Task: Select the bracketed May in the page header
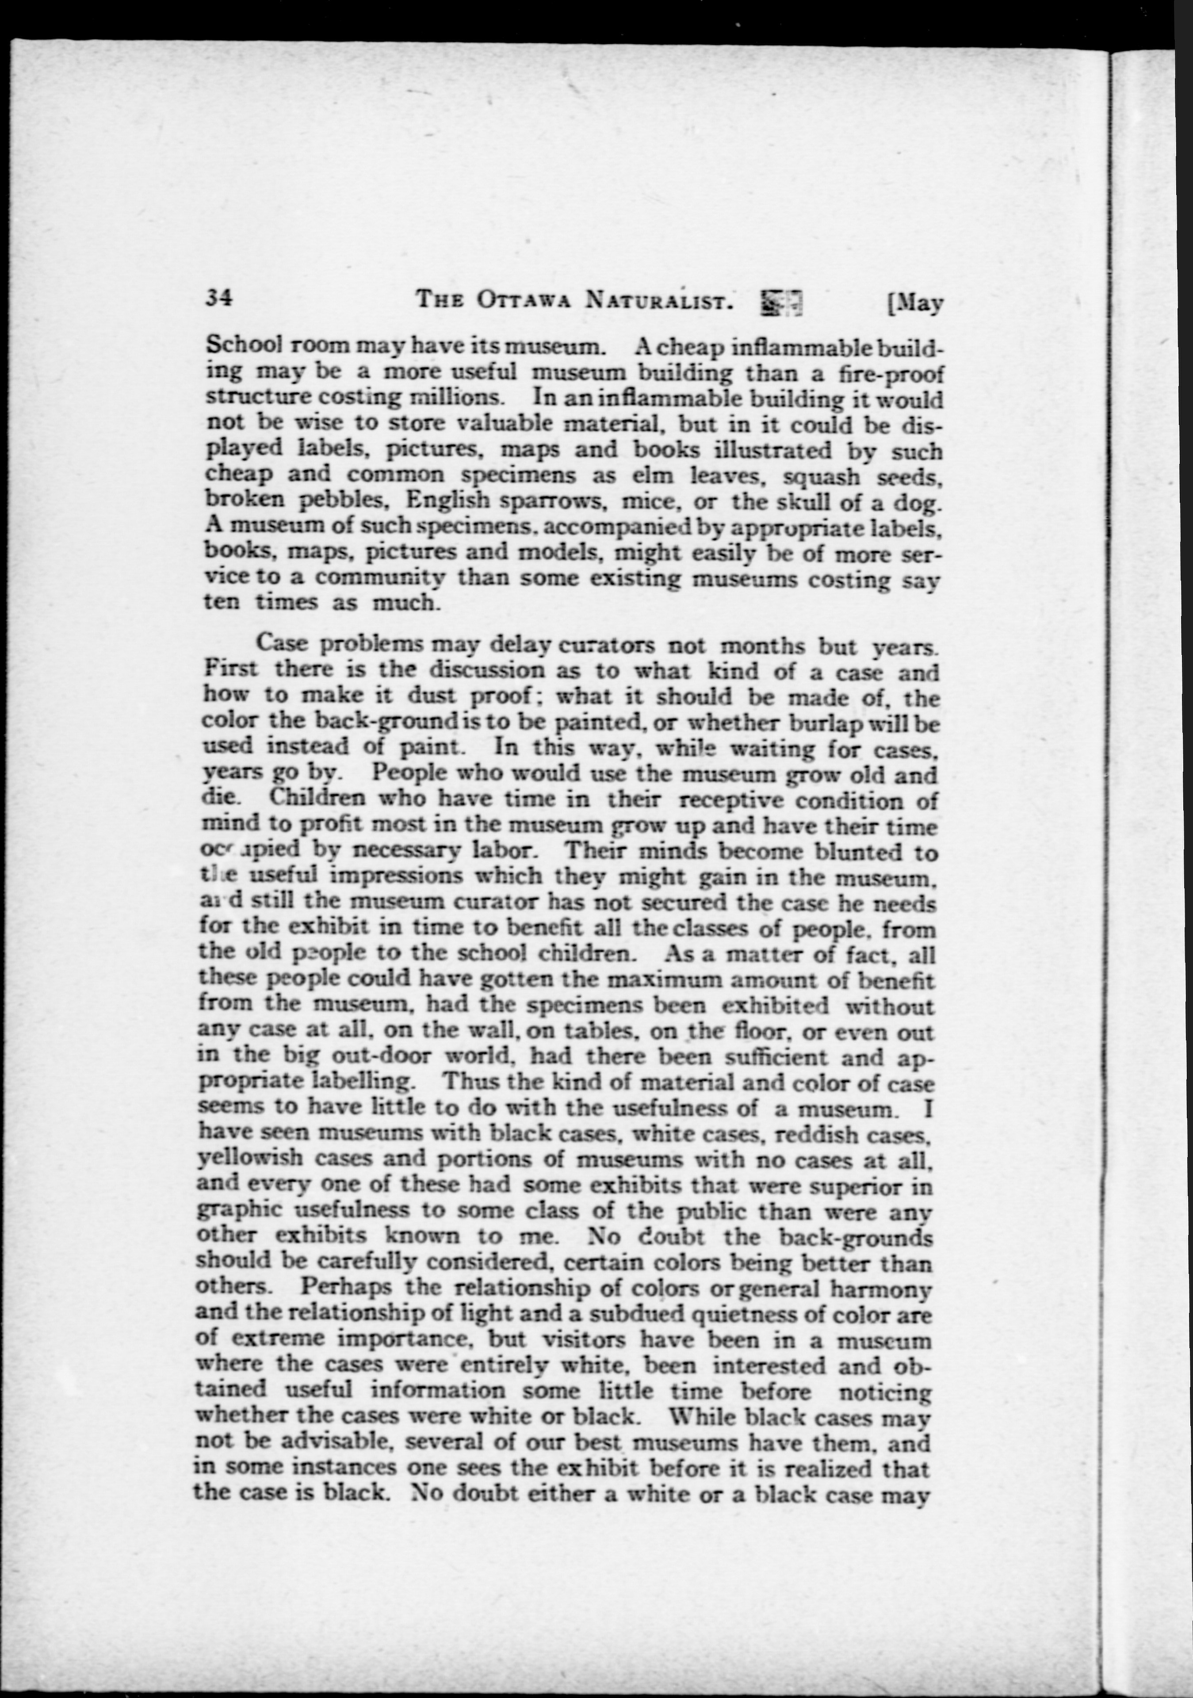point(914,303)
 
